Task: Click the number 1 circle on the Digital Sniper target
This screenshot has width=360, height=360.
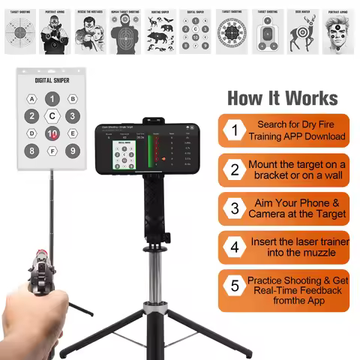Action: coord(52,98)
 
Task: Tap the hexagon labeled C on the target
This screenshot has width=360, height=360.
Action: coord(52,116)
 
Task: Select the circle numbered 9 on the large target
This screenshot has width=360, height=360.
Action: coord(72,151)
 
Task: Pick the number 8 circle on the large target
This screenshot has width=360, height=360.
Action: coord(31,151)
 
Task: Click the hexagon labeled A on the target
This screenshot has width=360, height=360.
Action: coord(31,99)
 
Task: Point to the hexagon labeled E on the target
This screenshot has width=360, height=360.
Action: coord(73,133)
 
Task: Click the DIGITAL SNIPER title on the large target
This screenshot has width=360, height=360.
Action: coord(52,79)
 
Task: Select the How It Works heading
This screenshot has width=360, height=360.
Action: coord(282,98)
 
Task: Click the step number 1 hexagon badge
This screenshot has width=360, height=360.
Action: coord(234,130)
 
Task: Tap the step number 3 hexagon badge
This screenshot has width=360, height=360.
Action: coord(234,208)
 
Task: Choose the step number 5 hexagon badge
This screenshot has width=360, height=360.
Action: coord(234,286)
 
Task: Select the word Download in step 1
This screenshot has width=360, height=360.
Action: coord(324,136)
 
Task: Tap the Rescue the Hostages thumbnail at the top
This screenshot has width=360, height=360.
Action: coord(89,32)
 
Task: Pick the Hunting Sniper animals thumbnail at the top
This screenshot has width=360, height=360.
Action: coord(160,32)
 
